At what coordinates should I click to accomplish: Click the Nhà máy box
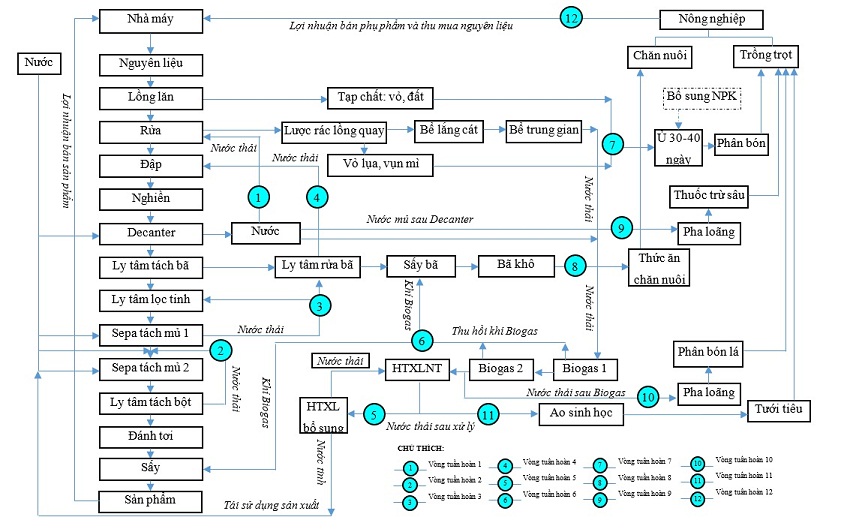(x=151, y=19)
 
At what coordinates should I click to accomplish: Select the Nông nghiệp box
(x=712, y=19)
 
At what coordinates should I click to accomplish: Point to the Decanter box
(x=151, y=233)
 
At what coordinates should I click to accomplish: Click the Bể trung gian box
(x=542, y=131)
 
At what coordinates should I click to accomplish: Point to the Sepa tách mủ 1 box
(x=151, y=332)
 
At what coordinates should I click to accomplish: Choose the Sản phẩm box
(x=151, y=499)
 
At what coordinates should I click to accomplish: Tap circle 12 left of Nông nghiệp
(x=570, y=19)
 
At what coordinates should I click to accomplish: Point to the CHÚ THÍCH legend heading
(x=420, y=449)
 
